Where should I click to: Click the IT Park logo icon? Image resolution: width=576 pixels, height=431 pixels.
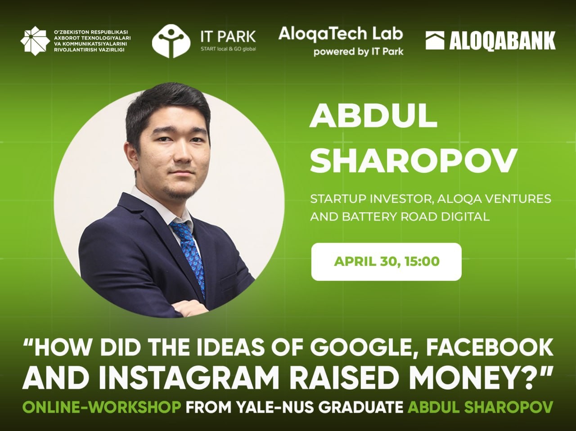pos(171,41)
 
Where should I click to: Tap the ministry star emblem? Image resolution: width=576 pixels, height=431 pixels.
pos(35,41)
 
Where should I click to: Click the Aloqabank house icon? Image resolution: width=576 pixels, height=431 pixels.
pos(435,40)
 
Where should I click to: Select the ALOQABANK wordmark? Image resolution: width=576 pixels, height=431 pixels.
pos(502,40)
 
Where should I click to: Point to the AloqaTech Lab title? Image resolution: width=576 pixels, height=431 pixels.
pos(341,34)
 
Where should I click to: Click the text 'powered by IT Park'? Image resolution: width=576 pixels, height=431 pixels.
pos(359,51)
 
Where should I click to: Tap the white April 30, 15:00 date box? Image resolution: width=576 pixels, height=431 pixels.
pos(386,261)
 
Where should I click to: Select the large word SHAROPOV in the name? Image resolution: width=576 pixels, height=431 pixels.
pos(414,161)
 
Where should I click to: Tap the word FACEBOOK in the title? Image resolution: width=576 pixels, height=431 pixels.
pos(490,347)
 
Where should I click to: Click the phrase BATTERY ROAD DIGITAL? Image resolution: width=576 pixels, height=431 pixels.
pos(416,217)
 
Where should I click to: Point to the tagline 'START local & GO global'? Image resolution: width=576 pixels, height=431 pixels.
pos(228,49)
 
